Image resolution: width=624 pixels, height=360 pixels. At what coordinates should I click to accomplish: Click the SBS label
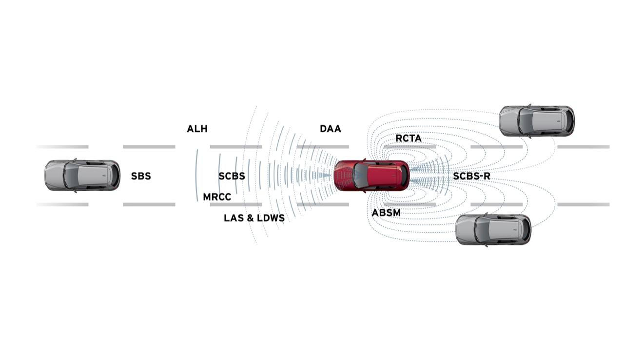point(141,176)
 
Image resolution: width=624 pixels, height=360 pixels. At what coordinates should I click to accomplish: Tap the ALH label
point(197,129)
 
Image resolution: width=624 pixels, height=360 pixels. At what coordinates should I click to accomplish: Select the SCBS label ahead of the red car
point(232,176)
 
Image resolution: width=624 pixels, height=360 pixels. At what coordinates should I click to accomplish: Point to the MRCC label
point(217,197)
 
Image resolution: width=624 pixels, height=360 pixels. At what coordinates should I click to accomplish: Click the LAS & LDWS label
point(254,218)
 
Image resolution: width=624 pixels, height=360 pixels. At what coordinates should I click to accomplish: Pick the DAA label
point(331,129)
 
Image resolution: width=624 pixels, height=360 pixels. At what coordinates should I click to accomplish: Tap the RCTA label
point(409,139)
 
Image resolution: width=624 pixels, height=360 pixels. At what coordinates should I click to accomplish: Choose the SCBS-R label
point(471,176)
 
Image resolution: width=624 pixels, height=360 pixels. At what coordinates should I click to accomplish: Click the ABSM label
point(386,213)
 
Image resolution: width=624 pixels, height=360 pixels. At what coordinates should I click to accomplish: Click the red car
point(372,176)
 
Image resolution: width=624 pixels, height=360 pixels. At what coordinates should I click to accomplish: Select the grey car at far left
point(82,175)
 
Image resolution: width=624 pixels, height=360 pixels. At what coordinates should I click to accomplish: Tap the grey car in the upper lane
point(537,120)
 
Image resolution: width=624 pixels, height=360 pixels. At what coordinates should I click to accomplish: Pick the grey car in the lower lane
point(493,229)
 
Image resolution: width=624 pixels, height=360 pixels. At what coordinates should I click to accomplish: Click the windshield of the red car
point(359,176)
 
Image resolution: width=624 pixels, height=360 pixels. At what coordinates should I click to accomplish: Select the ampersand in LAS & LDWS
point(250,218)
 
